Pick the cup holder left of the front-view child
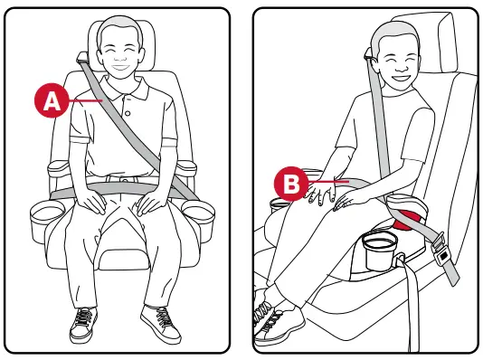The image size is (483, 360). pos(44,216)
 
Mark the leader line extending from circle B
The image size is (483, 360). pos(320,184)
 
